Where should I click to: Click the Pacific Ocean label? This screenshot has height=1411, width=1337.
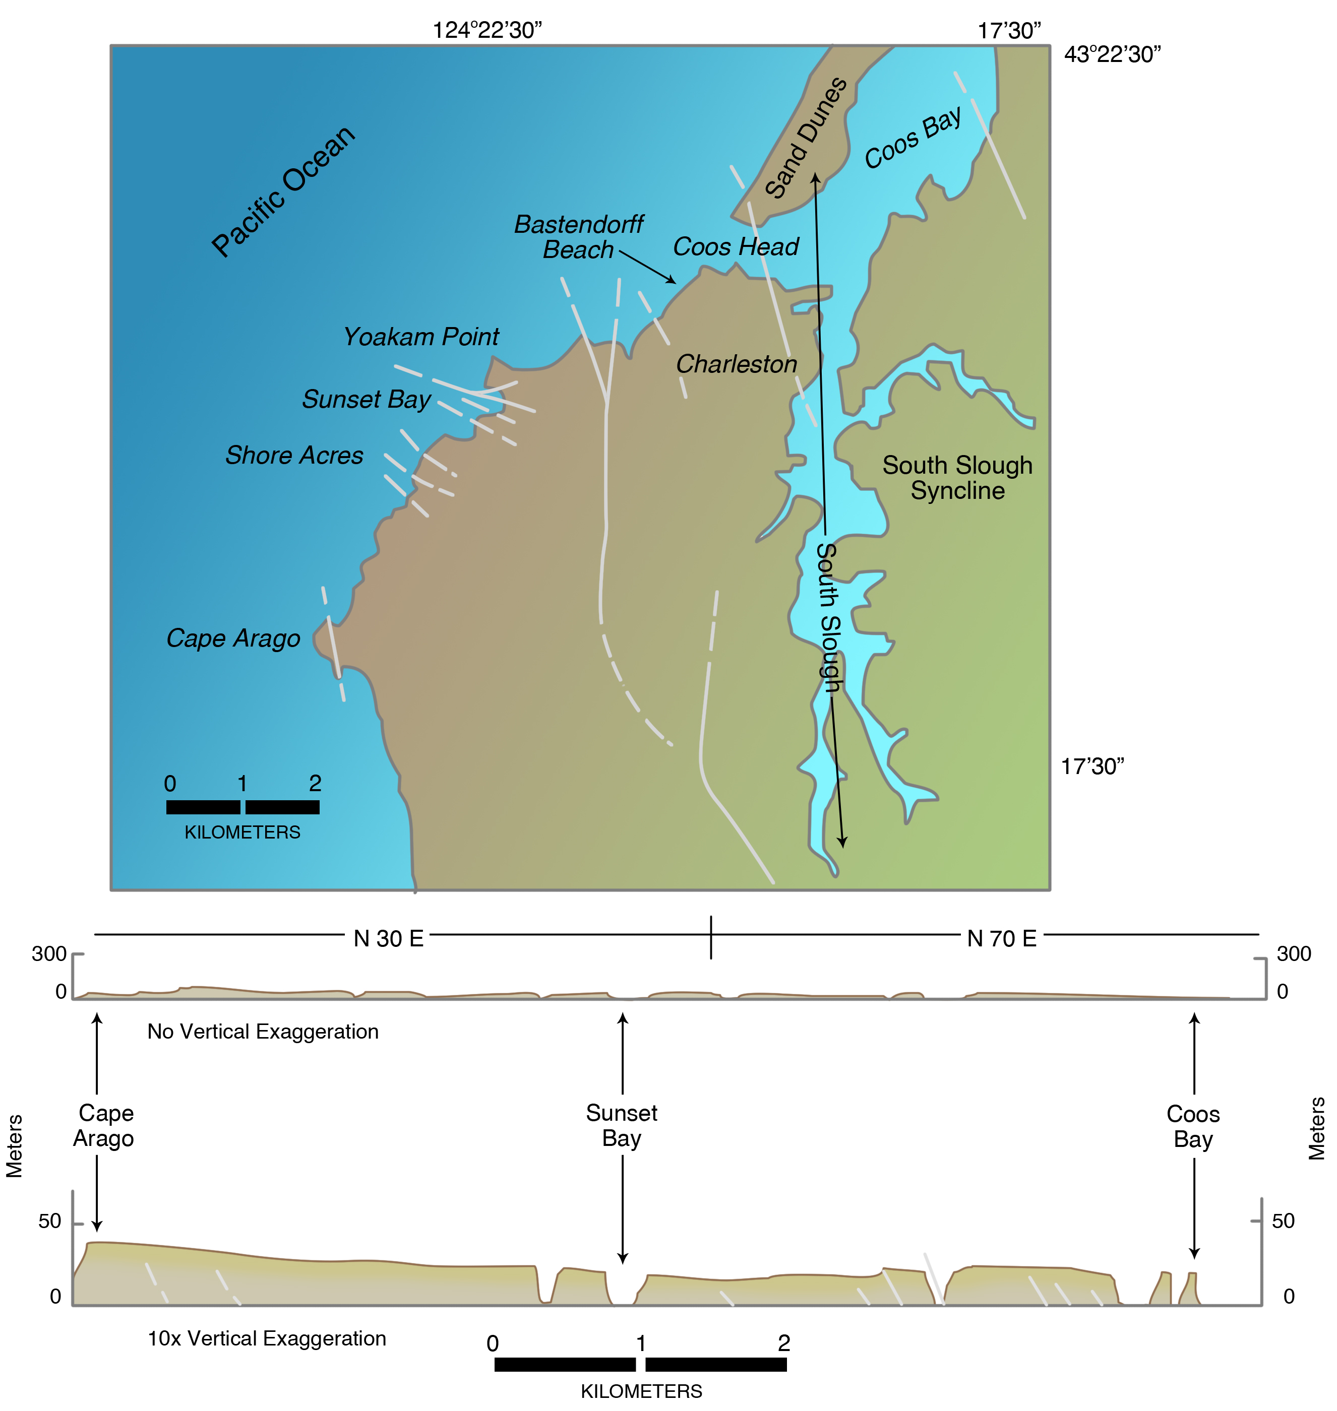(x=283, y=191)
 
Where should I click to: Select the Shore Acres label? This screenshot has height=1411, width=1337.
(x=294, y=455)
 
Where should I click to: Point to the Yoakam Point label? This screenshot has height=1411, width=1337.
(x=421, y=337)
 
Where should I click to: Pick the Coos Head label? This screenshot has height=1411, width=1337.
(x=736, y=247)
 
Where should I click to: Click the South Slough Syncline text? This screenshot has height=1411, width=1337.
(x=957, y=478)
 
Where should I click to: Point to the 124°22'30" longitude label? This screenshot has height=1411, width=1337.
(x=488, y=31)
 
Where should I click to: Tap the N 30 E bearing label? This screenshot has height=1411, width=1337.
(x=388, y=939)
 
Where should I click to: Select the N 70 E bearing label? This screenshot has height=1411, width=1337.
(x=1001, y=939)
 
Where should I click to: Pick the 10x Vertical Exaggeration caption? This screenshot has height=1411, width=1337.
(x=267, y=1338)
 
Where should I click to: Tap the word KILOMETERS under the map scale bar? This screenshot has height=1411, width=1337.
(x=242, y=832)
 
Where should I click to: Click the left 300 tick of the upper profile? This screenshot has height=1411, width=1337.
(x=49, y=954)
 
